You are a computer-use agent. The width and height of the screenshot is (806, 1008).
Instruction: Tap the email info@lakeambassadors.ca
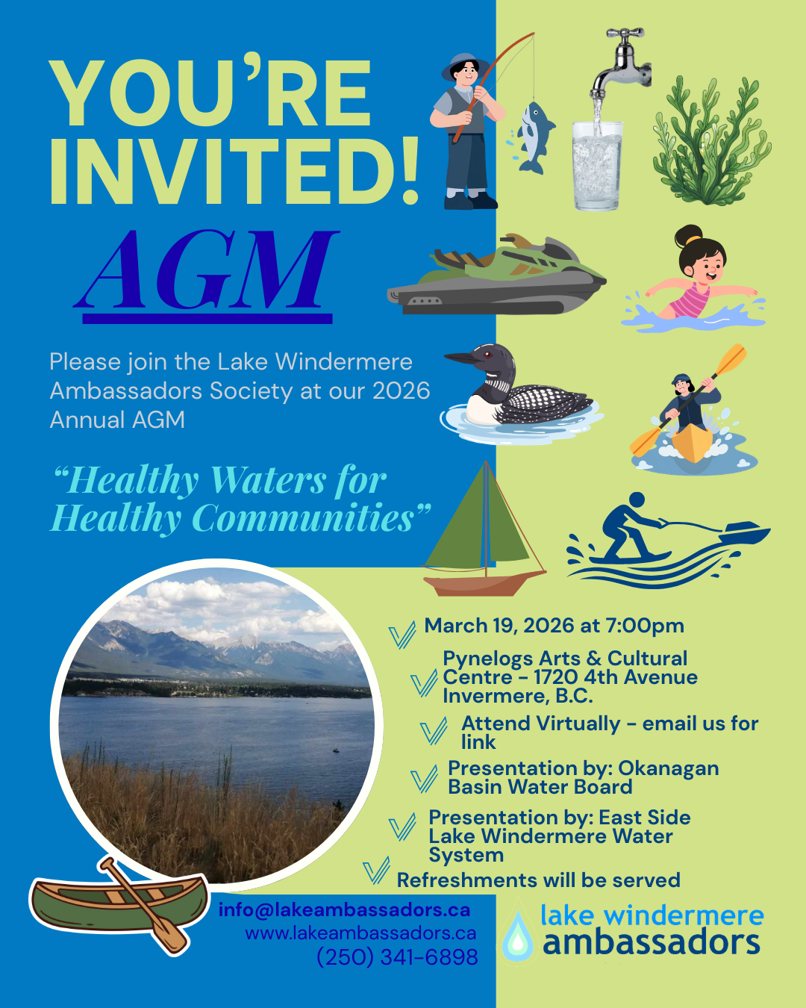344,910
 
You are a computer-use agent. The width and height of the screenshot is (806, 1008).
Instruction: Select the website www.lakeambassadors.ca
360,933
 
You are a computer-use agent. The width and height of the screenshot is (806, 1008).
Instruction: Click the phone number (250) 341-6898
397,957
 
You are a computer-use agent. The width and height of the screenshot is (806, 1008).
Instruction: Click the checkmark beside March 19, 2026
402,635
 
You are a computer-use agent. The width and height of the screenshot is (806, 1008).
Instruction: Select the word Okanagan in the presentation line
669,768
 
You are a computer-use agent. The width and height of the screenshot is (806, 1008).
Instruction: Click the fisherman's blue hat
463,64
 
